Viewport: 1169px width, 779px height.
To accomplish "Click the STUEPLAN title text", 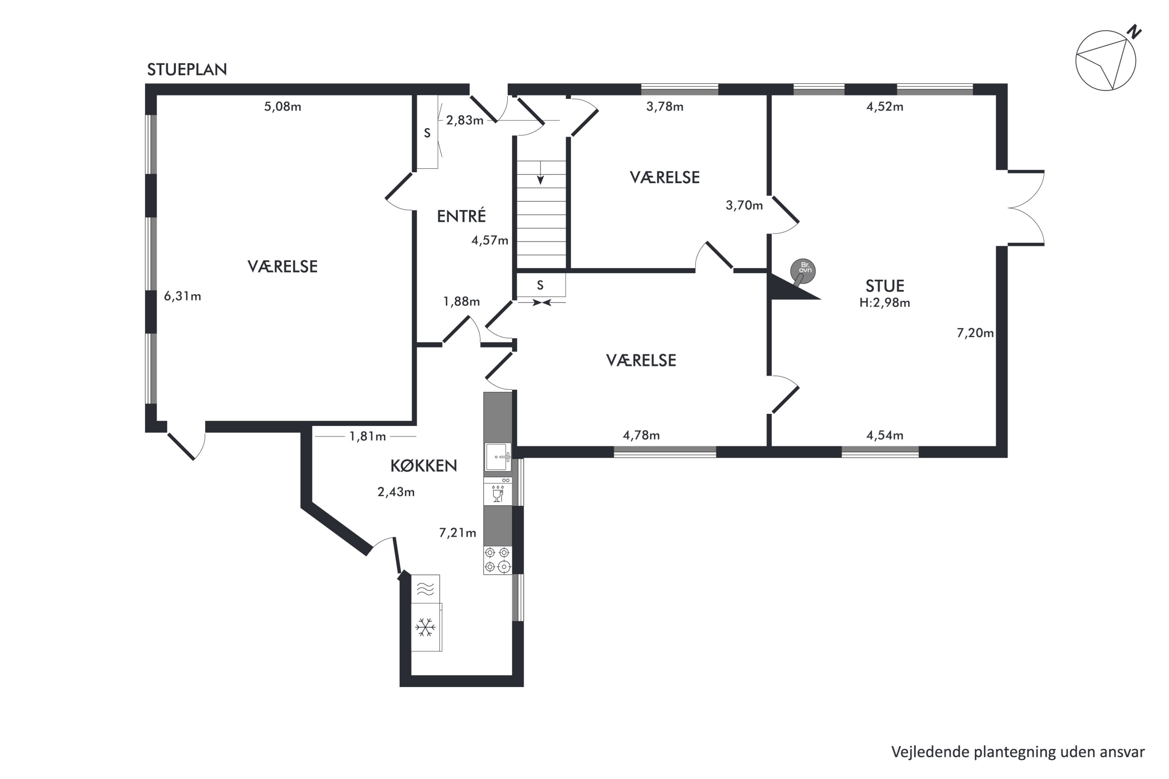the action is click(187, 70).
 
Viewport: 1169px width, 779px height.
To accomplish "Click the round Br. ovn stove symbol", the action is click(803, 271).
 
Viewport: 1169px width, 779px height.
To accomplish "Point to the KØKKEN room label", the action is click(424, 465).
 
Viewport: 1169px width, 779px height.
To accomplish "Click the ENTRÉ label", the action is click(461, 216).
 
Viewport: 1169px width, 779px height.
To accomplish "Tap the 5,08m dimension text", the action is click(282, 107).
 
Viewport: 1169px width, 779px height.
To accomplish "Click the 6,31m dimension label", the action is click(182, 296).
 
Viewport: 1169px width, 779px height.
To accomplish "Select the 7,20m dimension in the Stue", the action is click(975, 333).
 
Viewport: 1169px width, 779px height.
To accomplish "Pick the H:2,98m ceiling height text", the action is click(885, 303).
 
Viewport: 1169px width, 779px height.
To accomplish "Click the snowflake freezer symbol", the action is click(426, 627).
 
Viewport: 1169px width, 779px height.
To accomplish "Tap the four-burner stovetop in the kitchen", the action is click(498, 560).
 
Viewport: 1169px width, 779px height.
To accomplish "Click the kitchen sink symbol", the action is click(498, 456).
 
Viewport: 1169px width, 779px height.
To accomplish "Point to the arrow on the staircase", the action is click(540, 173).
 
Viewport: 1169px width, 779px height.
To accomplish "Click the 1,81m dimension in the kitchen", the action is click(367, 436).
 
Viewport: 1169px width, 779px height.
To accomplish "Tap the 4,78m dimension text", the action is click(641, 436).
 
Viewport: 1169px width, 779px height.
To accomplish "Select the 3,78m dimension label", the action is click(664, 107).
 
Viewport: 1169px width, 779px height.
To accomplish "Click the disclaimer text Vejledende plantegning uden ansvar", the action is click(1018, 752).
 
